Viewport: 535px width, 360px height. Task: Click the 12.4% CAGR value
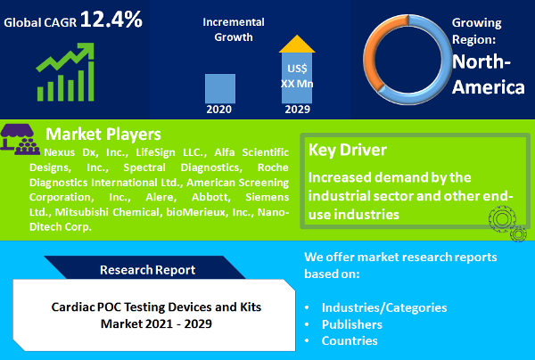click(111, 20)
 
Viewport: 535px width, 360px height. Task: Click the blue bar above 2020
click(220, 88)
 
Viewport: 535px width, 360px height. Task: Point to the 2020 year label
click(220, 110)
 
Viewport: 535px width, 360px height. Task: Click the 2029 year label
click(297, 110)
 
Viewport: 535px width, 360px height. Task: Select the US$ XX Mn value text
click(297, 76)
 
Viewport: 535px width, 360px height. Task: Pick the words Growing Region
click(482, 30)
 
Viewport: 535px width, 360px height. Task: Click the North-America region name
click(486, 75)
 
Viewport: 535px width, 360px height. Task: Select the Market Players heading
click(103, 135)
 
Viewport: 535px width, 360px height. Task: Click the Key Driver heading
click(347, 150)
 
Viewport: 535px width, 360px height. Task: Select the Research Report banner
click(148, 269)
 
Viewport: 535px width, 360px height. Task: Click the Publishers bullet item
click(353, 324)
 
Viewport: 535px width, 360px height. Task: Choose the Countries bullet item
click(350, 341)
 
